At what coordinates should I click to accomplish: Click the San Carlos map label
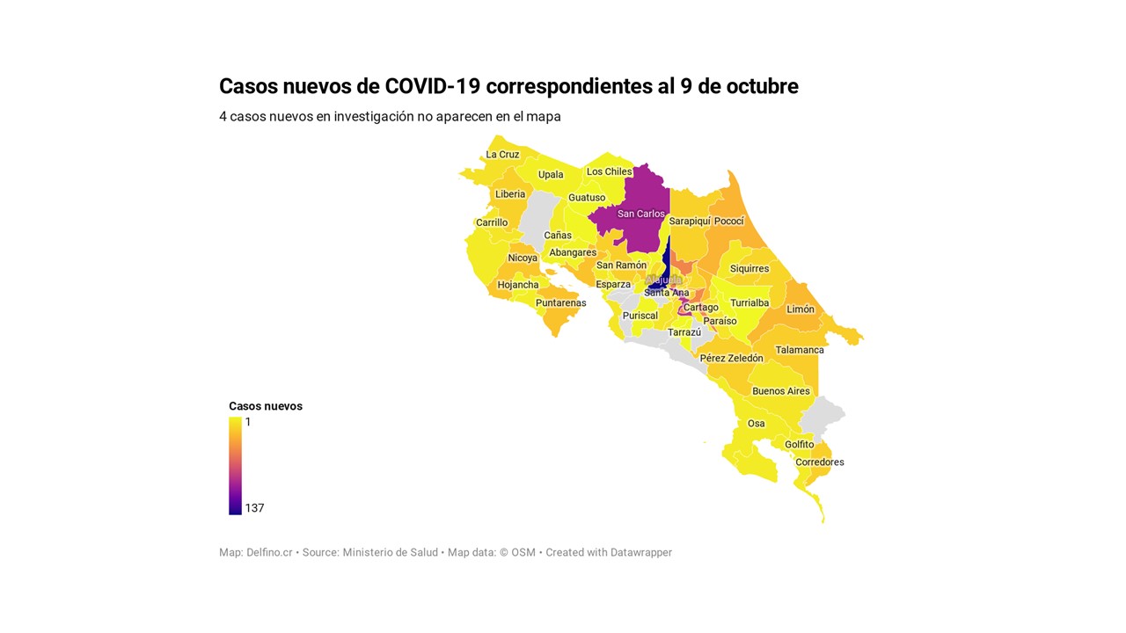click(641, 214)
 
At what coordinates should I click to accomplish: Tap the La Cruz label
click(502, 155)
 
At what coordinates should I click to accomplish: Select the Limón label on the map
click(801, 309)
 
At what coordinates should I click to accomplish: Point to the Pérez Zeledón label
click(731, 359)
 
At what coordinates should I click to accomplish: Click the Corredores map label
click(819, 462)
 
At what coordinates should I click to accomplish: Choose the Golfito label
click(800, 445)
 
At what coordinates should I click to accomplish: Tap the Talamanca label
click(800, 350)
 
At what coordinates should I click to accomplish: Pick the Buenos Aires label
click(780, 391)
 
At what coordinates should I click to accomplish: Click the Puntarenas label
click(560, 303)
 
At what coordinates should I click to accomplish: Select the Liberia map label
click(510, 194)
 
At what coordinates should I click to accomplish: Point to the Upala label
click(551, 175)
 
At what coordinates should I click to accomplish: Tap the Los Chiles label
click(609, 172)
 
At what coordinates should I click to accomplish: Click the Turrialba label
click(749, 303)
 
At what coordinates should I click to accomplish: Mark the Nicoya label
click(523, 258)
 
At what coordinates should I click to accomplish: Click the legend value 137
click(254, 508)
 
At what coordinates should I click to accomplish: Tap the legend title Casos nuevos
click(266, 406)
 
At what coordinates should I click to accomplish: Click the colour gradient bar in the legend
click(235, 465)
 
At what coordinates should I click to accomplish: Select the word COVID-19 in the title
click(433, 86)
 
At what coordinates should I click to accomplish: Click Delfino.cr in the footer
click(269, 553)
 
